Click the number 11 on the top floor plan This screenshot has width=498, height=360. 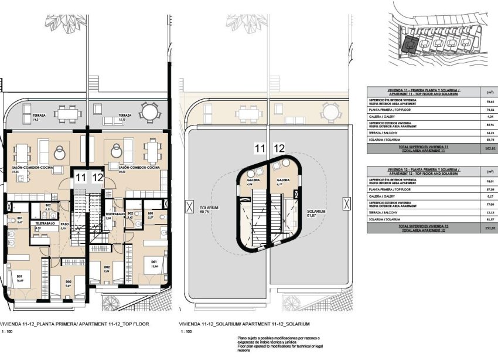[80, 176]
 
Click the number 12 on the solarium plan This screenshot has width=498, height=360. [279, 149]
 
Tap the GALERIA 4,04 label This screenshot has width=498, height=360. [252, 182]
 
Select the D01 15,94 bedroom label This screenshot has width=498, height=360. [154, 263]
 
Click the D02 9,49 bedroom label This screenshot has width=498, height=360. [68, 283]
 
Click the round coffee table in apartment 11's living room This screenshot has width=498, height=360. [60, 154]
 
